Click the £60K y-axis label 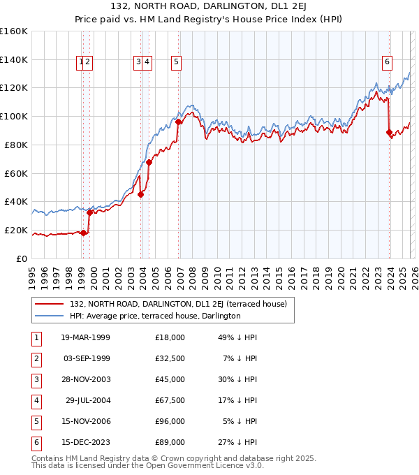[x=16, y=173]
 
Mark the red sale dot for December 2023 [x=389, y=131]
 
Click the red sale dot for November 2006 [x=179, y=122]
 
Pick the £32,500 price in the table [x=170, y=360]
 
